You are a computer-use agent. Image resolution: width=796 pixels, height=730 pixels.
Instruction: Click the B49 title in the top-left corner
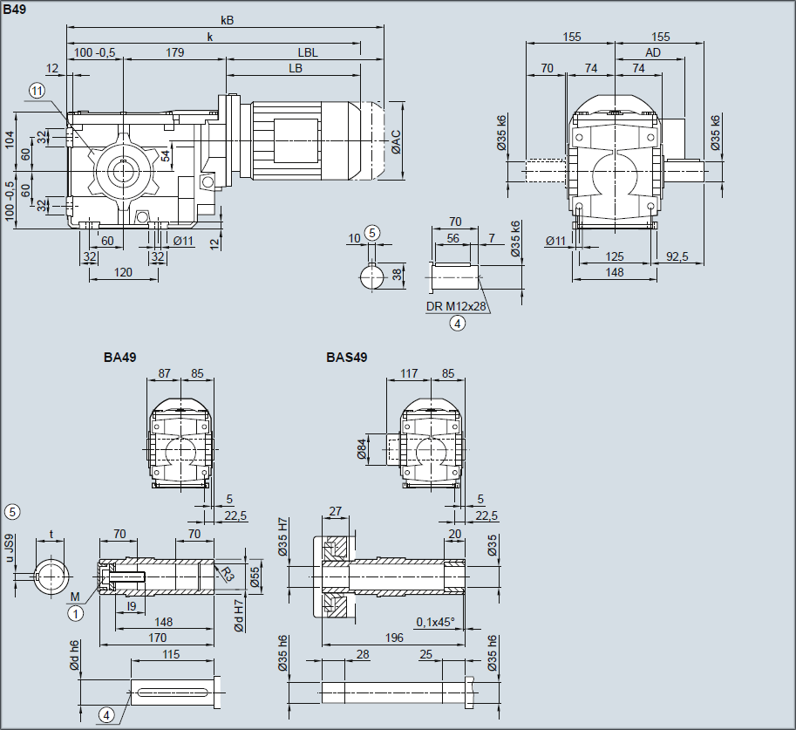(14, 9)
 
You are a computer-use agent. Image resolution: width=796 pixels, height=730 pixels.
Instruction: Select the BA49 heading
(119, 357)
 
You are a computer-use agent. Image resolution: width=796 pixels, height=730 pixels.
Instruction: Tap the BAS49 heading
(347, 357)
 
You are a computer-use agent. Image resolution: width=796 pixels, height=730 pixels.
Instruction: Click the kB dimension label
(228, 20)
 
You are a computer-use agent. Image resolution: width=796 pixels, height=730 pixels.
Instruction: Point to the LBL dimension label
(308, 52)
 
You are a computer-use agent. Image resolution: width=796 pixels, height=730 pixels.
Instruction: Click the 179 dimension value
(174, 52)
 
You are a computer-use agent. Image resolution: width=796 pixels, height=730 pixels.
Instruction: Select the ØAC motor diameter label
(397, 142)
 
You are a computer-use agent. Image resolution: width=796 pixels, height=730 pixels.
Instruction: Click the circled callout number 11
(37, 91)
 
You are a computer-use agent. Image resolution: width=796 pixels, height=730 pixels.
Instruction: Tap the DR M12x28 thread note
(456, 306)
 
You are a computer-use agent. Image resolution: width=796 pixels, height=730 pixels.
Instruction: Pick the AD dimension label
(653, 52)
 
